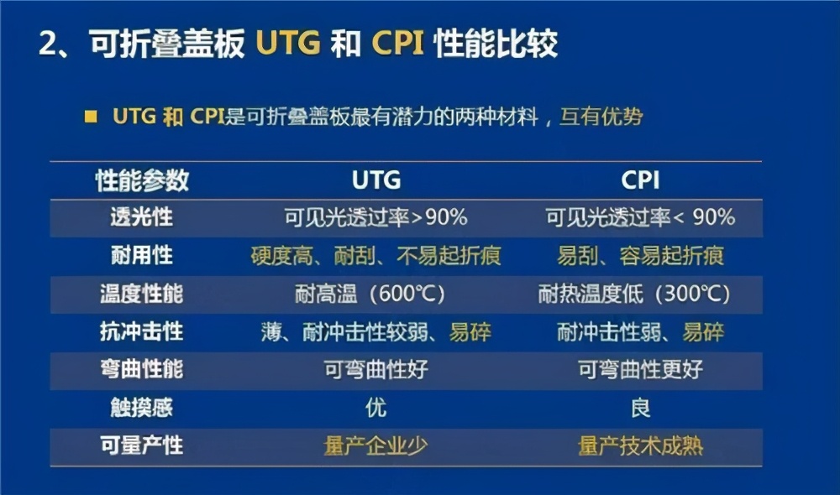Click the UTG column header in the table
[x=375, y=180]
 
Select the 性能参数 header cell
[x=141, y=180]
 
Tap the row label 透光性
[x=141, y=217]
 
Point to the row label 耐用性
[x=141, y=255]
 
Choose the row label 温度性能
[x=141, y=294]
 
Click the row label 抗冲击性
[x=141, y=331]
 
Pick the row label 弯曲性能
[x=141, y=369]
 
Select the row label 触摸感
[x=141, y=408]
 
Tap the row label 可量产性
[x=141, y=445]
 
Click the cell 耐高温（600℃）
[x=375, y=294]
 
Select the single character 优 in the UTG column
[x=375, y=408]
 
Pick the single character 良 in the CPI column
[x=640, y=408]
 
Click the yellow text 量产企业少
[x=375, y=445]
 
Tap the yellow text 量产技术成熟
[x=640, y=445]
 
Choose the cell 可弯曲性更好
[x=640, y=369]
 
